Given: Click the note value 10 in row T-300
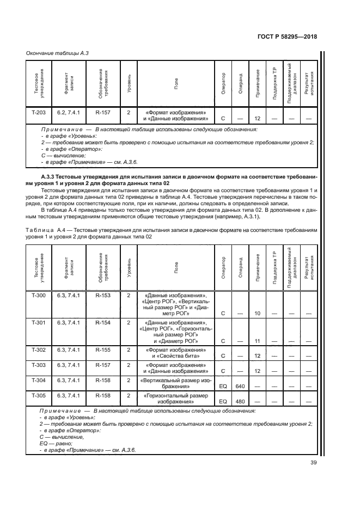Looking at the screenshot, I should [x=258, y=314].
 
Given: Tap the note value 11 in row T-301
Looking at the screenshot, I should [x=258, y=341].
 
